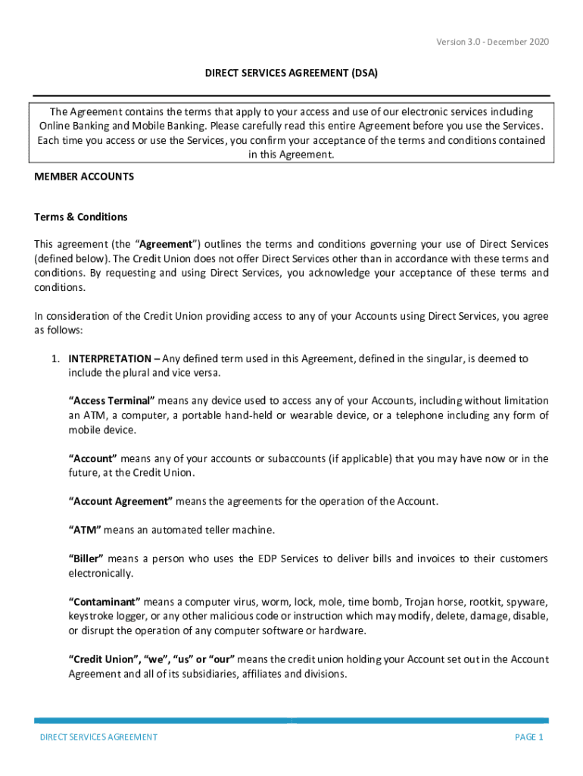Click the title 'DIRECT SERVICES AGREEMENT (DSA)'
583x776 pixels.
(x=291, y=74)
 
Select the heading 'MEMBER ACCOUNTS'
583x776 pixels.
(x=84, y=177)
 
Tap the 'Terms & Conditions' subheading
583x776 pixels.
(x=81, y=217)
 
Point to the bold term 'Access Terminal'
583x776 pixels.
(x=112, y=400)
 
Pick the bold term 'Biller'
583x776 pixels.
(x=86, y=559)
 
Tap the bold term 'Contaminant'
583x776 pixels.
(x=104, y=602)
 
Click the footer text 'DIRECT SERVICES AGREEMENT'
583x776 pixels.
(x=98, y=737)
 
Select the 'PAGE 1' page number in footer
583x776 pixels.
(x=529, y=737)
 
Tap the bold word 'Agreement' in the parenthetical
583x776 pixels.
(x=164, y=244)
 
